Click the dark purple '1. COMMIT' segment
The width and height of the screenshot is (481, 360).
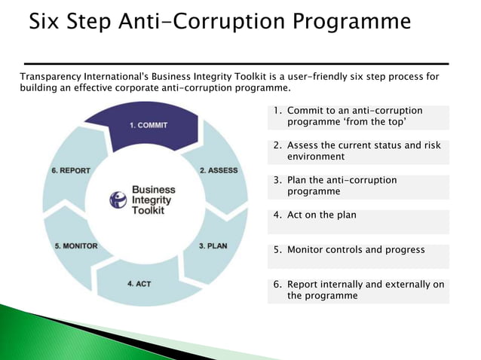[x=148, y=124]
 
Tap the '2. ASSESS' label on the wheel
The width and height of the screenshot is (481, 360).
[x=219, y=170]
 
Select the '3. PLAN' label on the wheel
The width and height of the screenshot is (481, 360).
[x=213, y=246]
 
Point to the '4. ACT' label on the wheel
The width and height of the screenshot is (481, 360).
[x=139, y=283]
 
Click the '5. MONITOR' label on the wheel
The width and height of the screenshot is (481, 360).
[x=76, y=246]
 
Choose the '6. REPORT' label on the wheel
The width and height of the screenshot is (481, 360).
[x=71, y=170]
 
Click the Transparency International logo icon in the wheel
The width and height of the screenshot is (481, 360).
[x=118, y=200]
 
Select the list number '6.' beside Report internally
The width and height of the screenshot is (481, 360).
[x=277, y=285]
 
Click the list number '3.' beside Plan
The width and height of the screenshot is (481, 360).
[x=277, y=181]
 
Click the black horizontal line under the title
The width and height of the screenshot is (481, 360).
[x=235, y=63]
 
